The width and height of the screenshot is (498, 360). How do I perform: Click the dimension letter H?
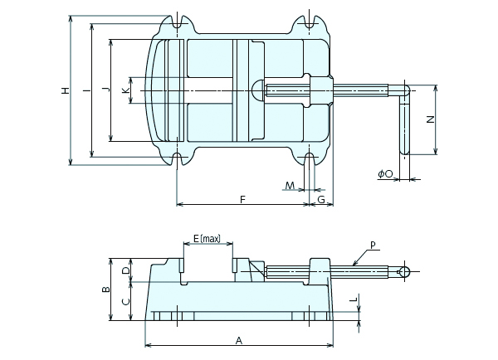(x=65, y=90)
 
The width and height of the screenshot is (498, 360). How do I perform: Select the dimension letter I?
(x=86, y=90)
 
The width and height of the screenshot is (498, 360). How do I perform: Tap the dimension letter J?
(x=108, y=90)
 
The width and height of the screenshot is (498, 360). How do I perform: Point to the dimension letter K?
(x=126, y=90)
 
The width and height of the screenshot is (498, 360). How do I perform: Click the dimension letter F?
(x=242, y=199)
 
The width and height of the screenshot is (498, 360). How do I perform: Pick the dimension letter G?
(x=321, y=200)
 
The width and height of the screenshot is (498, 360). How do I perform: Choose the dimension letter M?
(x=290, y=186)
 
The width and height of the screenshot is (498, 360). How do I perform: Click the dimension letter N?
(x=430, y=119)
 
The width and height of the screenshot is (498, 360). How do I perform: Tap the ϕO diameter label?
(x=385, y=173)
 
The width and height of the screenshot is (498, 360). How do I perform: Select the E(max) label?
(x=207, y=238)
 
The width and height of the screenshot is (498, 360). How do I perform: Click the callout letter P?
(x=373, y=245)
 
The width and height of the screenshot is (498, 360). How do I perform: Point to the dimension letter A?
(x=239, y=341)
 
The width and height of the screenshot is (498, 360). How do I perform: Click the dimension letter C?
(x=126, y=301)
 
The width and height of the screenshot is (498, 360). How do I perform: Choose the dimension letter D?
(x=126, y=270)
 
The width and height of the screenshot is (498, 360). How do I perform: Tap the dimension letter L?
(x=354, y=299)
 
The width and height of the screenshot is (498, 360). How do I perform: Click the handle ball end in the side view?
(x=404, y=272)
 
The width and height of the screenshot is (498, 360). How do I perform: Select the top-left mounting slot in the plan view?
(x=178, y=22)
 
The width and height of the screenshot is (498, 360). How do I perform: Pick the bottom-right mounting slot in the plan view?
(x=310, y=159)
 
